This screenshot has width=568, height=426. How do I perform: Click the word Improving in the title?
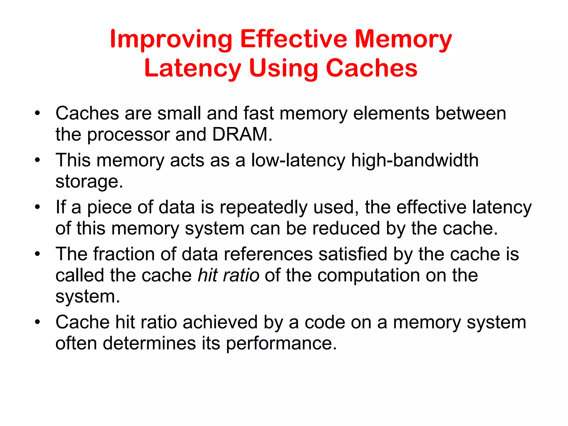click(x=171, y=40)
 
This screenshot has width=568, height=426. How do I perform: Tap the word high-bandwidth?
click(x=415, y=161)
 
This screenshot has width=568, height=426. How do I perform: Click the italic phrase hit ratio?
click(x=228, y=275)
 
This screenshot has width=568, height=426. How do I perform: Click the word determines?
click(x=149, y=343)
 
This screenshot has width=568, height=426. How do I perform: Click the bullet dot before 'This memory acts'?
click(x=38, y=160)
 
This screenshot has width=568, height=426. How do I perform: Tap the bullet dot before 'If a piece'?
click(x=38, y=207)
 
